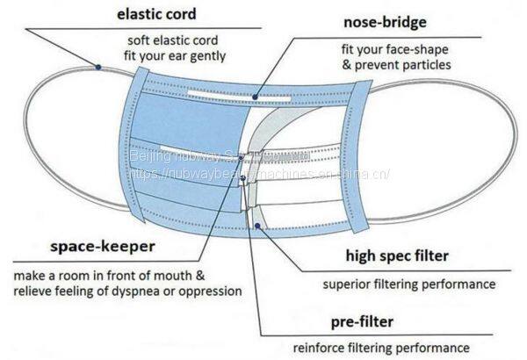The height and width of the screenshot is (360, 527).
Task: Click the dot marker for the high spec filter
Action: tap(256, 226)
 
